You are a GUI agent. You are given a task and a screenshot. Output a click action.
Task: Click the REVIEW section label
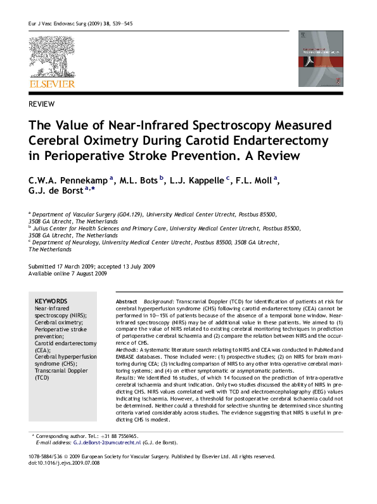click(42, 103)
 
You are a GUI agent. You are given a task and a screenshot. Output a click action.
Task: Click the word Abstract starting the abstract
click(126, 300)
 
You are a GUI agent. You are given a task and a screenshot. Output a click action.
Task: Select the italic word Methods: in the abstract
click(129, 350)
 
